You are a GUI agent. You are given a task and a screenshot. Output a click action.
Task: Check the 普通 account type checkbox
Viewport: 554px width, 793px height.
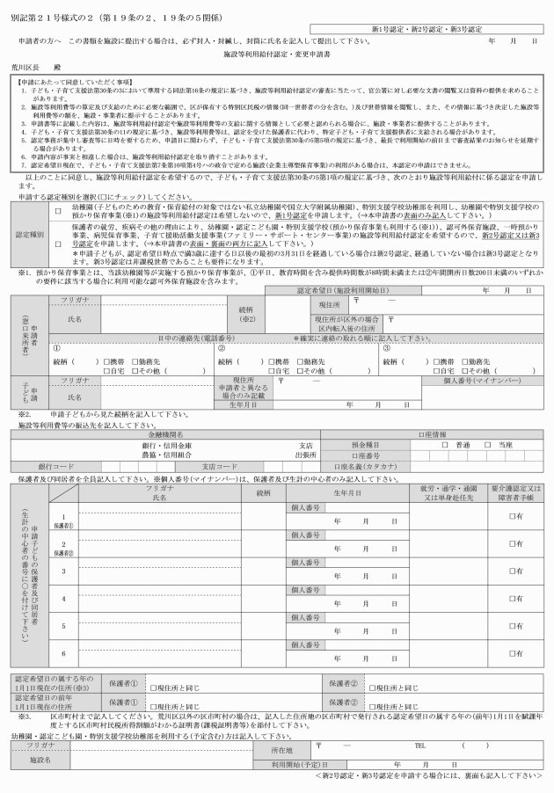point(445,446)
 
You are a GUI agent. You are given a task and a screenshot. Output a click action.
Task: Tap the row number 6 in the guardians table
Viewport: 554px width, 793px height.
point(63,653)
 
